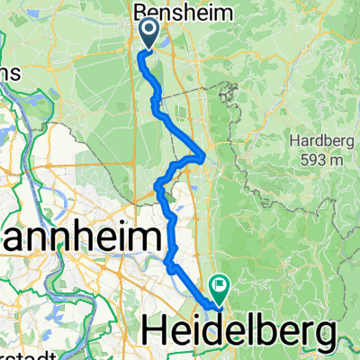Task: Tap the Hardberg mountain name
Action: [x=315, y=141]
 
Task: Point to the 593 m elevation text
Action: [x=320, y=159]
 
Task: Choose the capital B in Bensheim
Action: [x=140, y=13]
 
